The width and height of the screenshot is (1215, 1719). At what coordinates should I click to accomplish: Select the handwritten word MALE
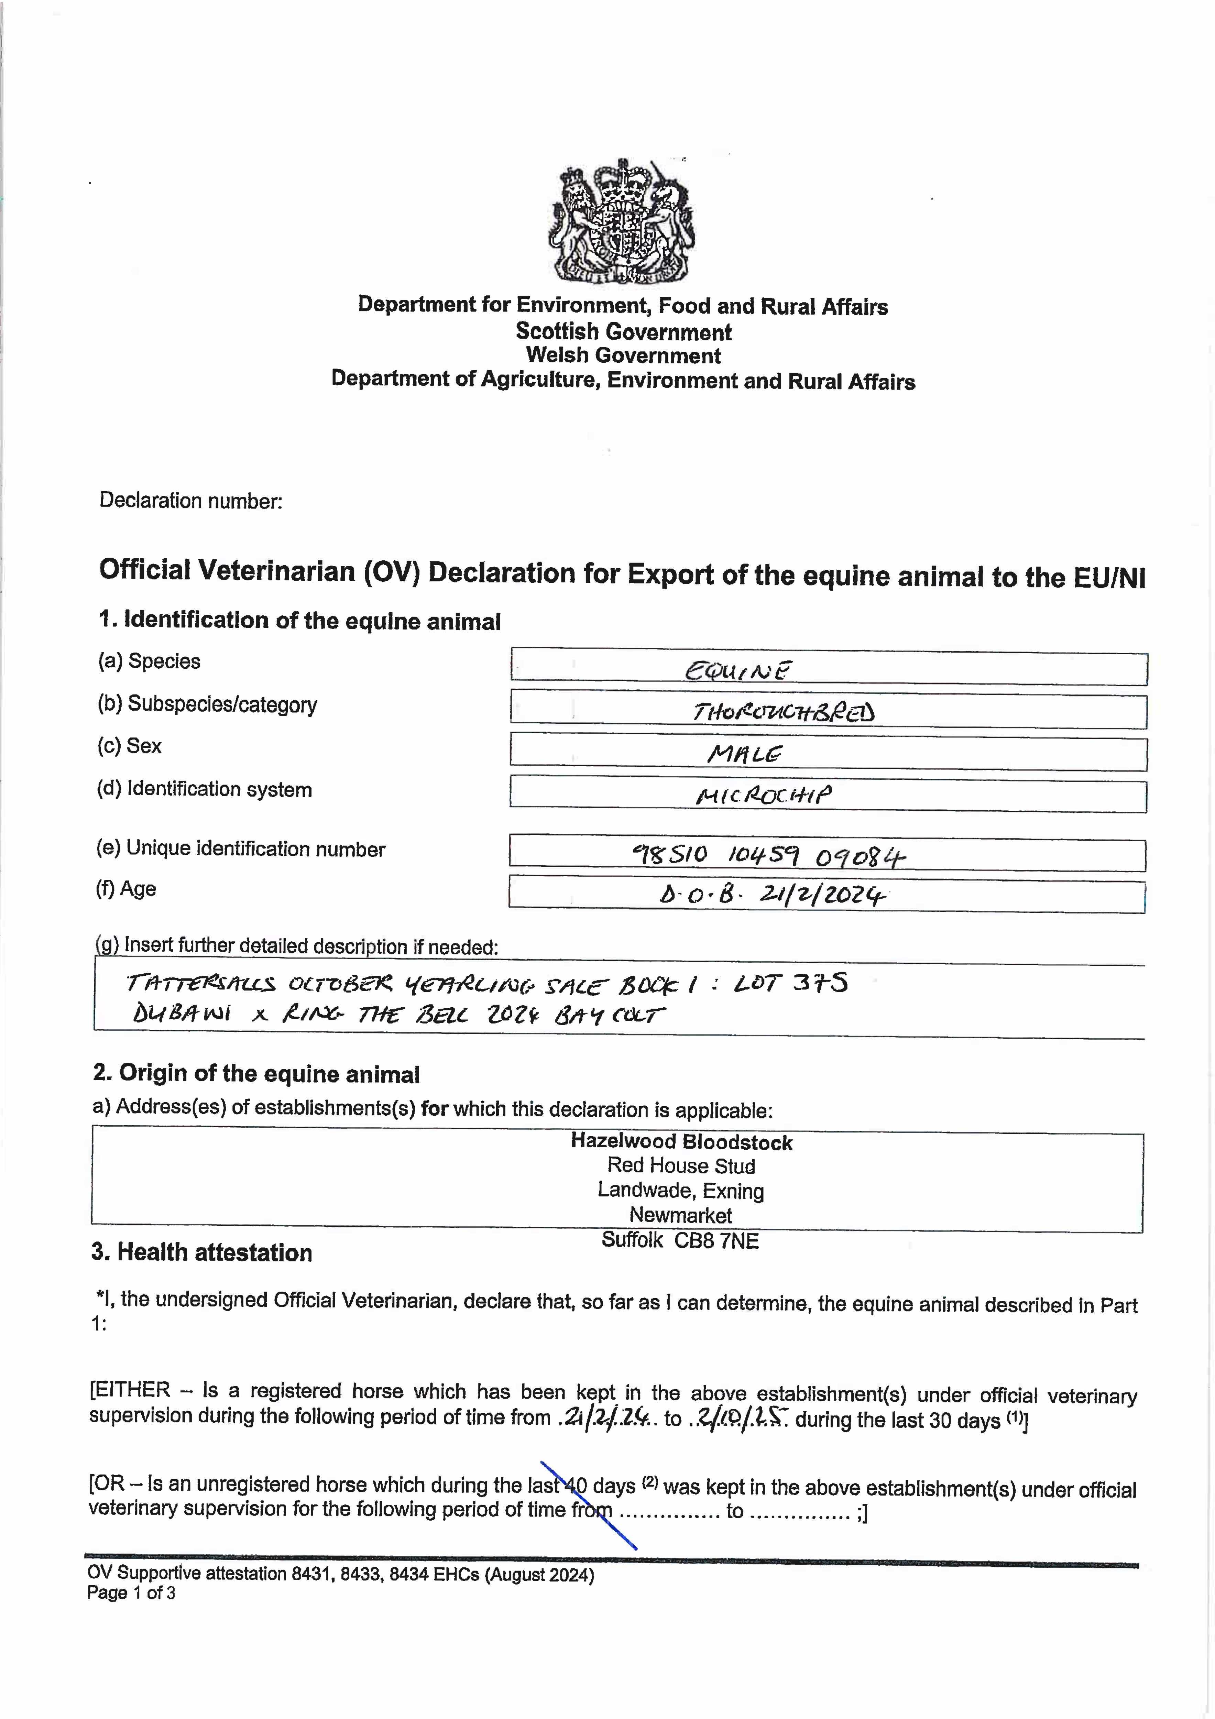[745, 754]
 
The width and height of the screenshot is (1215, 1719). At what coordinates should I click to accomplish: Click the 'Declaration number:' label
[191, 501]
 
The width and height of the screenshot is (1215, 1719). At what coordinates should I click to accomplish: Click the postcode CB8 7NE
[716, 1240]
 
